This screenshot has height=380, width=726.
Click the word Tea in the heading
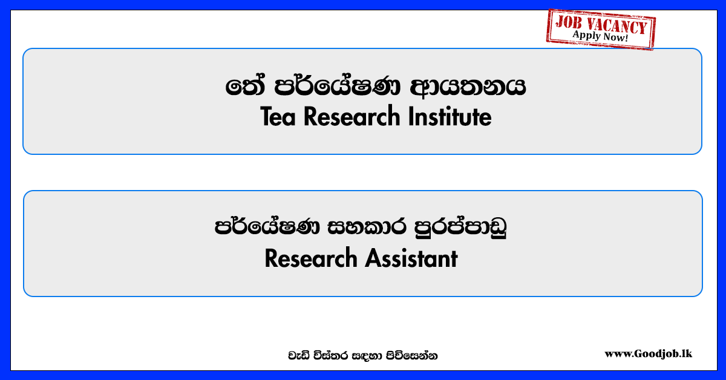click(x=278, y=117)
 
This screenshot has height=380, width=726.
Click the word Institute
click(x=450, y=117)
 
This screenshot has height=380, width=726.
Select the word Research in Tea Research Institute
click(x=352, y=117)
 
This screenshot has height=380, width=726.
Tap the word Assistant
click(x=411, y=259)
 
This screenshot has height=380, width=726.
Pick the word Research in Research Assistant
click(x=311, y=259)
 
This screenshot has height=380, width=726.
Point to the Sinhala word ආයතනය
click(x=468, y=87)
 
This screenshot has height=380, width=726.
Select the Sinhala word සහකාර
click(x=367, y=226)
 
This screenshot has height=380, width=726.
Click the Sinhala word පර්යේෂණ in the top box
click(x=338, y=86)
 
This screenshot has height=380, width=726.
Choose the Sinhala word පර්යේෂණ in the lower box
click(x=267, y=226)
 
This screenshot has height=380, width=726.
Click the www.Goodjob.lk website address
click(x=648, y=354)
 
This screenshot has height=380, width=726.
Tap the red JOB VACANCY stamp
click(x=601, y=29)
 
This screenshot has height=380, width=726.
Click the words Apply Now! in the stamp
click(x=600, y=36)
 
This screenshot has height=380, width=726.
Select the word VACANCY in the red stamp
click(x=616, y=25)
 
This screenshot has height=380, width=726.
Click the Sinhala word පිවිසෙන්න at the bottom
click(x=411, y=356)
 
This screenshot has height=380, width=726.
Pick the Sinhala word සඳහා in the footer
click(x=365, y=356)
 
